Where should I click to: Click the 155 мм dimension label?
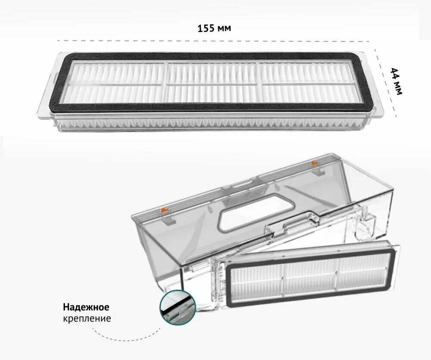click(214, 28)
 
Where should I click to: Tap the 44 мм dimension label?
click(396, 81)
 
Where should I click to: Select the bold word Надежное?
click(86, 307)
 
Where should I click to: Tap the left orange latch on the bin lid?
click(163, 211)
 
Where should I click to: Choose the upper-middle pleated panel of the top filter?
click(212, 73)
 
